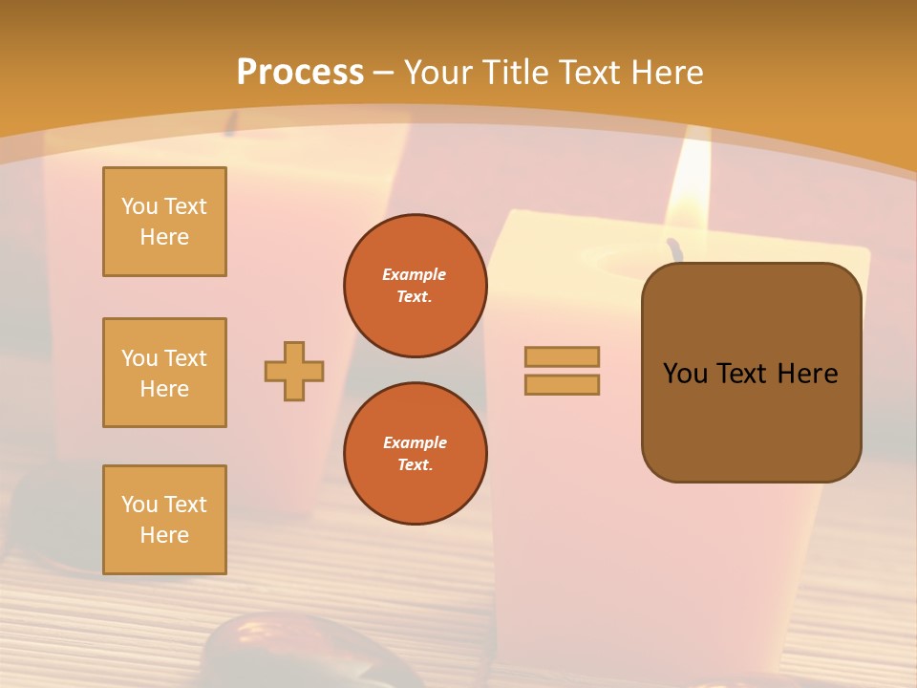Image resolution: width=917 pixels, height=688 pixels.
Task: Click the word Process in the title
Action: point(300,73)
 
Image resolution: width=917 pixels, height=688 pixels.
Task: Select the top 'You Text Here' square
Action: point(164,222)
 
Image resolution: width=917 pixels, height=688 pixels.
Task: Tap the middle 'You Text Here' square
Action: point(164,373)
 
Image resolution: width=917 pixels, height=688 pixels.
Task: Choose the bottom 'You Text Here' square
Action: point(164,520)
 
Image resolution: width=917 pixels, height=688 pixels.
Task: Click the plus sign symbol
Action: point(294,371)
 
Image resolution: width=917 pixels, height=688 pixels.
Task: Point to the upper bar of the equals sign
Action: point(562,356)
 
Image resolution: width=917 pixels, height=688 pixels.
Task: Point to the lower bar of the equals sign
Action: point(562,385)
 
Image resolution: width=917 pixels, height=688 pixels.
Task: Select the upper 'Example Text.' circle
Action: point(415,286)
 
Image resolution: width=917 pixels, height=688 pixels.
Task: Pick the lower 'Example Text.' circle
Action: point(415,454)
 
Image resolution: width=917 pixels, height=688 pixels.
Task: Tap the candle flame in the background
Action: point(690,186)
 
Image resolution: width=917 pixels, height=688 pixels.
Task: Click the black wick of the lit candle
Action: point(676,249)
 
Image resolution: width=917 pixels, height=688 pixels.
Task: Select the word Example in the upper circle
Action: point(415,274)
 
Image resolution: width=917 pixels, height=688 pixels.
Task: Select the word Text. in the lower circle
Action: point(415,465)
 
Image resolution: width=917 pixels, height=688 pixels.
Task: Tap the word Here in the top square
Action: point(164,237)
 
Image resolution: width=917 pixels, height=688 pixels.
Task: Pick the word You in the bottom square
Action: point(139,505)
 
